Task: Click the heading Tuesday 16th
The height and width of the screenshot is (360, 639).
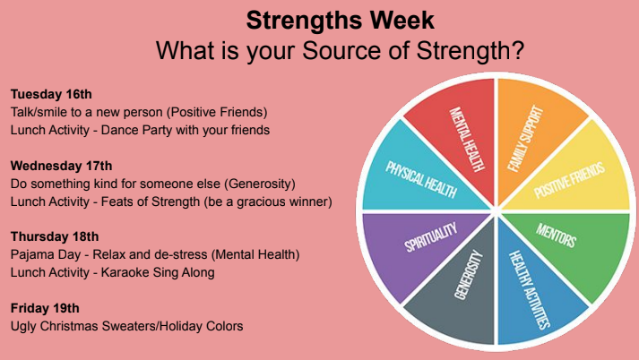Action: pyautogui.click(x=51, y=94)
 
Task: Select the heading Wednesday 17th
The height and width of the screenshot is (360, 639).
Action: pyautogui.click(x=62, y=166)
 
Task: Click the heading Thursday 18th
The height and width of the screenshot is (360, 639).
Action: pyautogui.click(x=56, y=236)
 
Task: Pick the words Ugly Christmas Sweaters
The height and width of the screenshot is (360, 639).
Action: pyautogui.click(x=85, y=326)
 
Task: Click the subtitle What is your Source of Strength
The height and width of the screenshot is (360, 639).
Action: pyautogui.click(x=341, y=49)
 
